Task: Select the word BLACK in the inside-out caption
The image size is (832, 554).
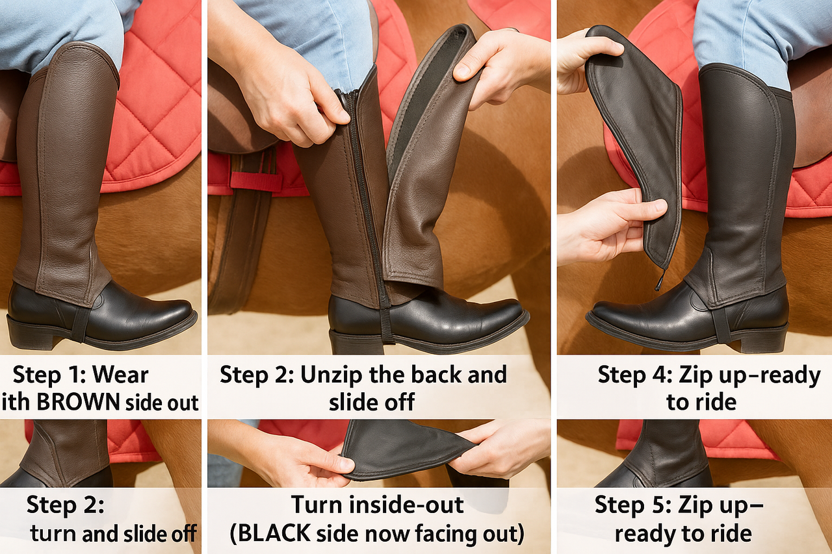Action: (274, 534)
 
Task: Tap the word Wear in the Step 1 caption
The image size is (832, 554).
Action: (120, 375)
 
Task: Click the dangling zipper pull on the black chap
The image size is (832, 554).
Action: (661, 279)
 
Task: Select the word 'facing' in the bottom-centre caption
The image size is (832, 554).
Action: (443, 535)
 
